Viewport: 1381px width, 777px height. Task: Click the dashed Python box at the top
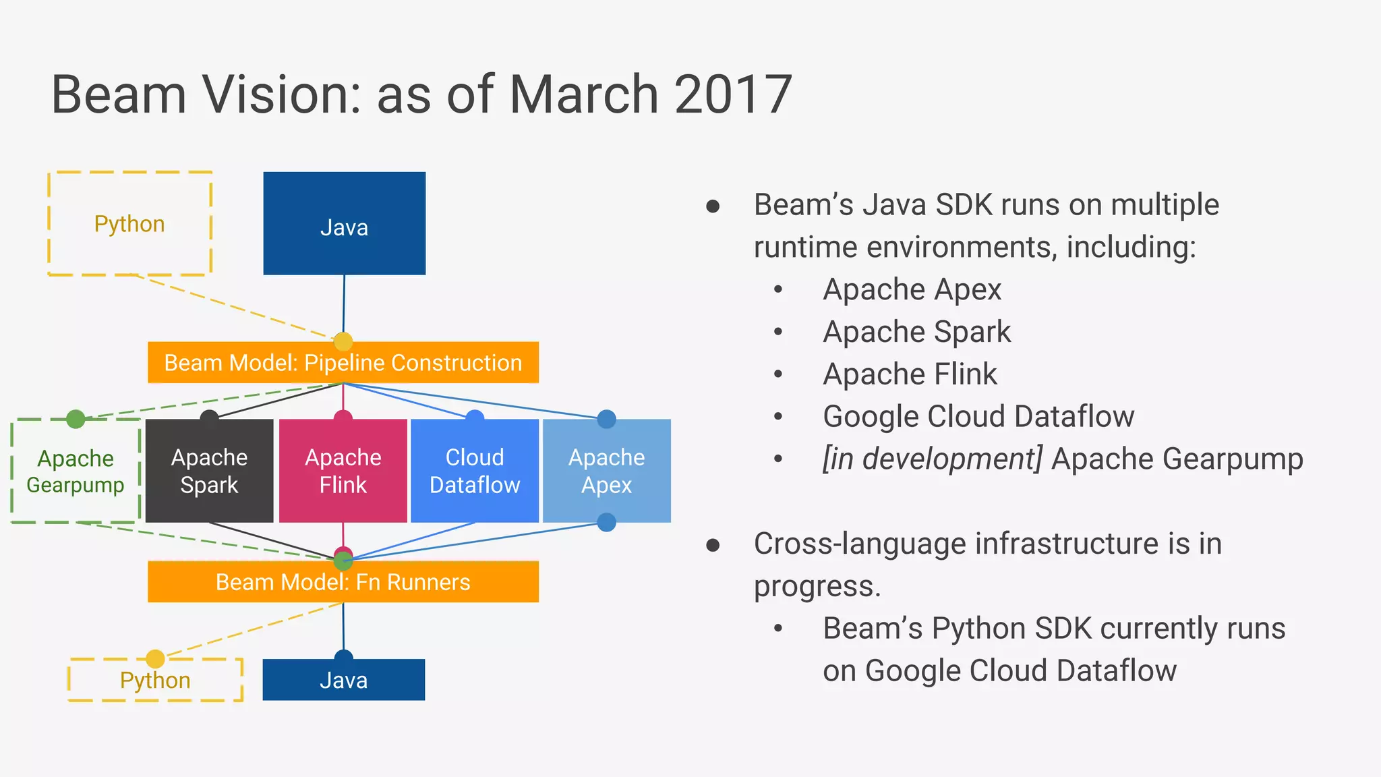[x=129, y=224]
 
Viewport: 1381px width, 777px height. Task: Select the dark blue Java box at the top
[x=344, y=224]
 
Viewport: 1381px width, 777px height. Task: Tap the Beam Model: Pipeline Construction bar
[x=343, y=363]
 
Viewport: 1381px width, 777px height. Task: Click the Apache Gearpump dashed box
[x=76, y=471]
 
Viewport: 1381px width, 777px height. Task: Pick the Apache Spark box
[x=209, y=471]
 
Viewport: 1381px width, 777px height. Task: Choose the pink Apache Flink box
[x=343, y=471]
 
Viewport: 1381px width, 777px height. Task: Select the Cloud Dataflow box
[x=475, y=471]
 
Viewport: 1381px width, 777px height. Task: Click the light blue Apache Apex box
[x=607, y=471]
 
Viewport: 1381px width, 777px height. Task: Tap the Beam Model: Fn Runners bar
[x=343, y=582]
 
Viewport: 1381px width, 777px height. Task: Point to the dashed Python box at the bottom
[x=155, y=681]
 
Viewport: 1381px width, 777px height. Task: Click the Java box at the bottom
[x=344, y=680]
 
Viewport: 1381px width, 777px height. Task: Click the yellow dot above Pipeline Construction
[x=343, y=341]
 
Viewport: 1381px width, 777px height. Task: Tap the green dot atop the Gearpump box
[x=76, y=419]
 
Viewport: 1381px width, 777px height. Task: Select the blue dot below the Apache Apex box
[x=607, y=522]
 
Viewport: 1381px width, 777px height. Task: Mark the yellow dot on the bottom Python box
[x=155, y=658]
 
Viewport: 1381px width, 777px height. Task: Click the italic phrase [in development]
[x=933, y=459]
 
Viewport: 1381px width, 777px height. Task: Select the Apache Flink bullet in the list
[x=910, y=374]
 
